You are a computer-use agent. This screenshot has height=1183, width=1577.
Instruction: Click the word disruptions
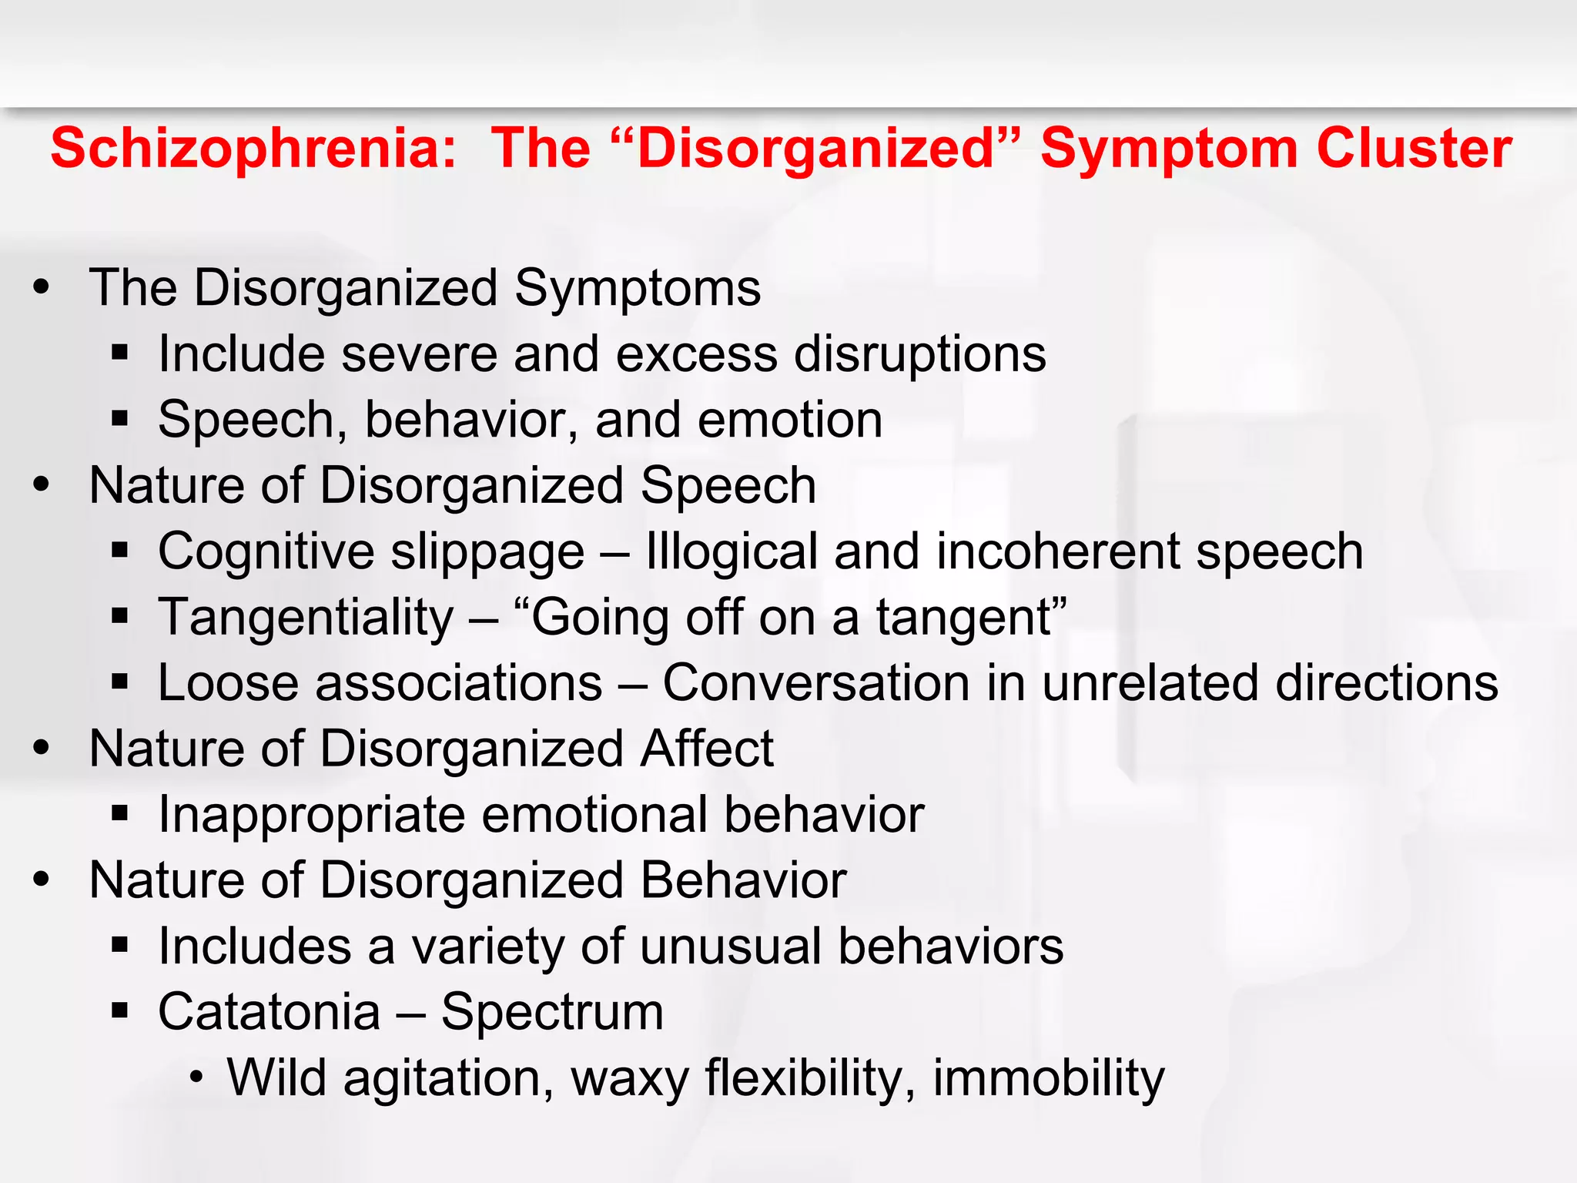pyautogui.click(x=920, y=354)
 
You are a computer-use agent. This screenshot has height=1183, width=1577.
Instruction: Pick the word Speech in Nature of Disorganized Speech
pyautogui.click(x=728, y=487)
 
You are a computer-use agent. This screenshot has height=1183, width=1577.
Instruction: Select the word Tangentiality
pyautogui.click(x=306, y=618)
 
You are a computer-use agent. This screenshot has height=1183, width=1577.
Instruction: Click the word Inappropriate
pyautogui.click(x=311, y=816)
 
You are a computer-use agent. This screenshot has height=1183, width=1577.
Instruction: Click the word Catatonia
pyautogui.click(x=270, y=1012)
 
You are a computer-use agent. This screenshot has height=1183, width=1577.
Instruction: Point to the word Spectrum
pyautogui.click(x=551, y=1014)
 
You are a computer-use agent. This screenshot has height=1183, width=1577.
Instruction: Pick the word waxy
pyautogui.click(x=629, y=1079)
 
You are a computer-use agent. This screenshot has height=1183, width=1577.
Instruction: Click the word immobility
pyautogui.click(x=1049, y=1079)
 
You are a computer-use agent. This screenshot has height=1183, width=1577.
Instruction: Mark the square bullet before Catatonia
pyautogui.click(x=119, y=1010)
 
